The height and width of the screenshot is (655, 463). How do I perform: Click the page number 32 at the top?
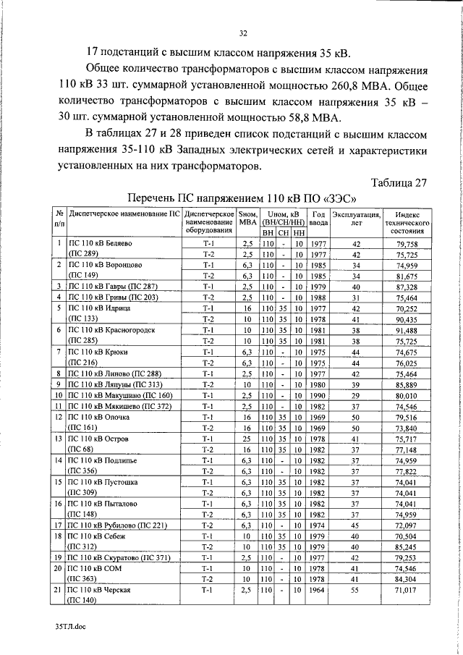(243, 32)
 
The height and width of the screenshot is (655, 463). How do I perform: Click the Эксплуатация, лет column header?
(356, 218)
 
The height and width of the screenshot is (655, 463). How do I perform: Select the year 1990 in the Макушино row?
(318, 395)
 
